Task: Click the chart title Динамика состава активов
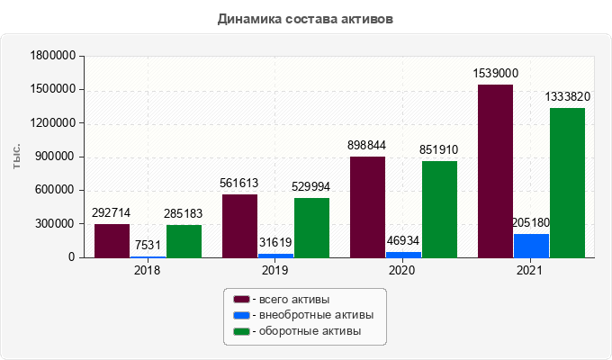tap(305, 18)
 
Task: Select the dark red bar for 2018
tap(112, 240)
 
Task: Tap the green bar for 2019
tap(311, 227)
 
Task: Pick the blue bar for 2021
tap(531, 246)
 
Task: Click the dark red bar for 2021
tap(495, 171)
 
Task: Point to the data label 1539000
tap(496, 74)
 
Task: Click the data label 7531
tap(148, 246)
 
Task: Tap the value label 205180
tap(530, 222)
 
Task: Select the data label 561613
tap(239, 183)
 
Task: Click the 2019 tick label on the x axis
tap(275, 269)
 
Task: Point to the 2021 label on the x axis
tap(531, 269)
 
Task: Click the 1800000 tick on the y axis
tap(51, 56)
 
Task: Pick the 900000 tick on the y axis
tap(55, 157)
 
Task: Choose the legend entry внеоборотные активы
tap(310, 315)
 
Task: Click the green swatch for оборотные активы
tap(241, 332)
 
